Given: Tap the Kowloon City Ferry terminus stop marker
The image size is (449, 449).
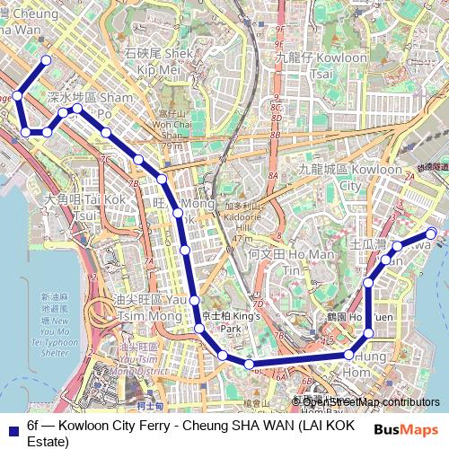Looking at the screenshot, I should coord(431,234).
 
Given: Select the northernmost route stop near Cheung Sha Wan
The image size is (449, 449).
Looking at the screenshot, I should coord(46,60).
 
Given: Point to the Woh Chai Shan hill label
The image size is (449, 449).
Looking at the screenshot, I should coord(172,125).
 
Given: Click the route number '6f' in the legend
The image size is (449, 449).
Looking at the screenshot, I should coord(34,425).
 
